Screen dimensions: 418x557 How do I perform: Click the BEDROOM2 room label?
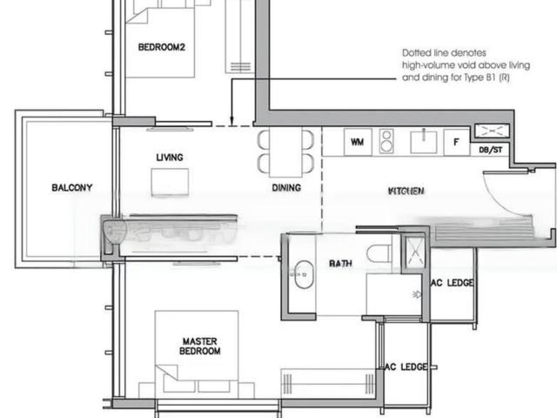pos(162,48)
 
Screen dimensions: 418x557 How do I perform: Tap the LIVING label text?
pos(170,158)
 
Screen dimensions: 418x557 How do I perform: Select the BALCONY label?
pos(71,187)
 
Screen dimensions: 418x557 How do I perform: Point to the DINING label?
pos(285,187)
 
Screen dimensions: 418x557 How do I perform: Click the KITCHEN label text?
pos(406,189)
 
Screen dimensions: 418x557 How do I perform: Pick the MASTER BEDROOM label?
pos(200,347)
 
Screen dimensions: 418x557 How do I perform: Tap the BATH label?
pos(339,262)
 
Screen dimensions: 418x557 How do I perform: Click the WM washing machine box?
pos(357,141)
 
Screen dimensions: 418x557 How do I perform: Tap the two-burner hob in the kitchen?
pos(387,141)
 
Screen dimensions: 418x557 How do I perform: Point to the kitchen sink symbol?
pos(423,140)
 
